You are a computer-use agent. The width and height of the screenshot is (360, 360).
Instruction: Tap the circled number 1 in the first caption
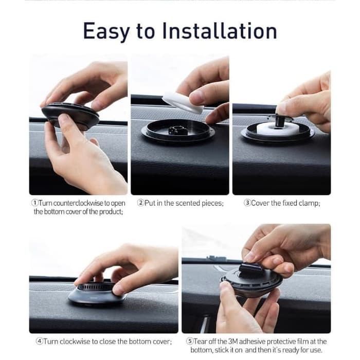point(34,203)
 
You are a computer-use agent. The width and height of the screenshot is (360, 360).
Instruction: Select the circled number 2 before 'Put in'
point(140,203)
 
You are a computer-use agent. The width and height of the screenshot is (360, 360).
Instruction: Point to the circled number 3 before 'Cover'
point(247,203)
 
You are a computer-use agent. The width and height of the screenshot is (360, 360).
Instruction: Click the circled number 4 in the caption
point(39,341)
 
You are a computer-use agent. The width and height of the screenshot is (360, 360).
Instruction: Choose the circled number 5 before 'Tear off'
point(189,341)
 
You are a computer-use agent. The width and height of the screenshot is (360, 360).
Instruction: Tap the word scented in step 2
point(188,203)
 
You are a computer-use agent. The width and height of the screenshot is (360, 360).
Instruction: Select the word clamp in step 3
point(308,203)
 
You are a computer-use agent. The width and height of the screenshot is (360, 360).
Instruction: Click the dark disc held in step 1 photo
point(70,116)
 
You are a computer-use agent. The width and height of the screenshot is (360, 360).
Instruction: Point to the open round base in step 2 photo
point(178,131)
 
